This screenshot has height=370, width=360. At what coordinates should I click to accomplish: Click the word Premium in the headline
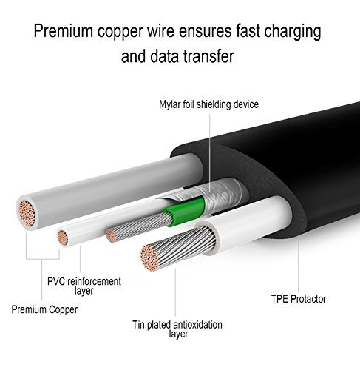point(64,31)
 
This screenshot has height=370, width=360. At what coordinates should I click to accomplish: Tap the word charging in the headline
point(293,32)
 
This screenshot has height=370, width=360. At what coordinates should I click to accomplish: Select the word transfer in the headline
point(208,56)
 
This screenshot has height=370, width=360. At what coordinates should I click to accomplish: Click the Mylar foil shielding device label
point(208,104)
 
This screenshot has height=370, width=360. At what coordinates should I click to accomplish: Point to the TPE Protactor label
point(299,299)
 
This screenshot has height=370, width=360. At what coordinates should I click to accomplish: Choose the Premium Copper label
point(44,309)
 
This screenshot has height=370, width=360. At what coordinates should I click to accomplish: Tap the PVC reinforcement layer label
point(84,286)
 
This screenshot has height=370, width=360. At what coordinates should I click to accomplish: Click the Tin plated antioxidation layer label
point(177,329)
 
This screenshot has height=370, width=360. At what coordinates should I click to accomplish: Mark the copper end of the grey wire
point(27,213)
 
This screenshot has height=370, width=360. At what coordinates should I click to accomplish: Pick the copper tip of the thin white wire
point(63,238)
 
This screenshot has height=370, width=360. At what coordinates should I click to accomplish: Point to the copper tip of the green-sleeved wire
point(111,235)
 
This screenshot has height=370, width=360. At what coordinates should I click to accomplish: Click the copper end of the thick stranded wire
point(149,258)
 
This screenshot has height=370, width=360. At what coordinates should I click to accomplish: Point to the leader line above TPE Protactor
point(299,267)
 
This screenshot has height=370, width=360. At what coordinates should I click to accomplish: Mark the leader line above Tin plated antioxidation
point(175,292)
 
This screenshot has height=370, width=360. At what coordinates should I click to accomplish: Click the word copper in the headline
point(120,32)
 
